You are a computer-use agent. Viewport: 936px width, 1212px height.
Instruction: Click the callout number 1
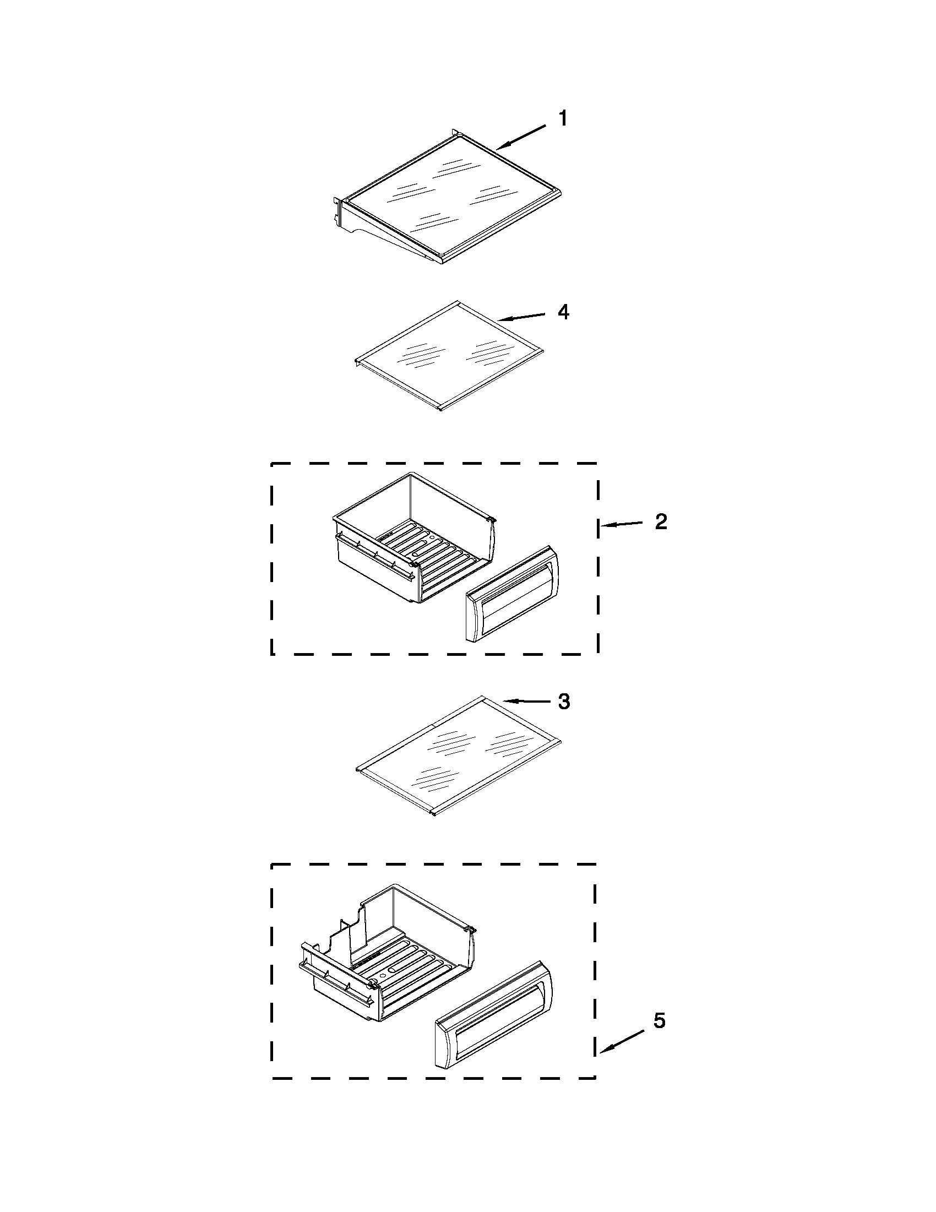coord(563,118)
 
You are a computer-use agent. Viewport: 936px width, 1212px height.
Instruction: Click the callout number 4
coord(563,312)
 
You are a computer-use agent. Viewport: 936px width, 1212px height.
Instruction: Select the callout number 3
coord(563,702)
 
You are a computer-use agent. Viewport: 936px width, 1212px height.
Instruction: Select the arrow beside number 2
coord(623,523)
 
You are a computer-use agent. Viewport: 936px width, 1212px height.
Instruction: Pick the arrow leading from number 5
coord(622,1041)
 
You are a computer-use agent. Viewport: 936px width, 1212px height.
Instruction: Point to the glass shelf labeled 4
coord(449,355)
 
